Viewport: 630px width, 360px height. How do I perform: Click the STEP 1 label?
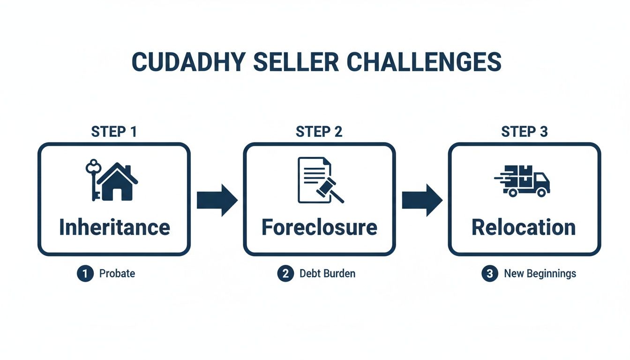coord(114,132)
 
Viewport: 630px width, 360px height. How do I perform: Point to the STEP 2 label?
coord(319,132)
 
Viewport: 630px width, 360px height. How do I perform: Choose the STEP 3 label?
coord(524,132)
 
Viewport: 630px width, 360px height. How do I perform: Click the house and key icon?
coord(112,181)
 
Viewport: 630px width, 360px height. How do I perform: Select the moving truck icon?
coord(523,180)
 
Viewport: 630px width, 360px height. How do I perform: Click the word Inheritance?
coord(114,227)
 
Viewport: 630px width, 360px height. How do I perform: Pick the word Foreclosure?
coord(319,227)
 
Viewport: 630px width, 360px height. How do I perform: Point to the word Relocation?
coord(524,227)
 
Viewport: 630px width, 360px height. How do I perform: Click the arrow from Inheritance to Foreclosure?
coord(217,200)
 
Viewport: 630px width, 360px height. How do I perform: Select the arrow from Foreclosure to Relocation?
coord(422,200)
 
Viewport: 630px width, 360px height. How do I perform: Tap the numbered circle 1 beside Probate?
coord(85,274)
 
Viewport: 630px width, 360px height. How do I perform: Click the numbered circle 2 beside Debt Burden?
coord(285,274)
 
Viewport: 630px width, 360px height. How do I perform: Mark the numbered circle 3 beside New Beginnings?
coord(489,274)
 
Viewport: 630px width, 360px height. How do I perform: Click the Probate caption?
coord(117,274)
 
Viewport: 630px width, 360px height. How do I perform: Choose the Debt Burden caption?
coord(327,274)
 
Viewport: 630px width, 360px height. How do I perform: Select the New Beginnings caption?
coord(540,274)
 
